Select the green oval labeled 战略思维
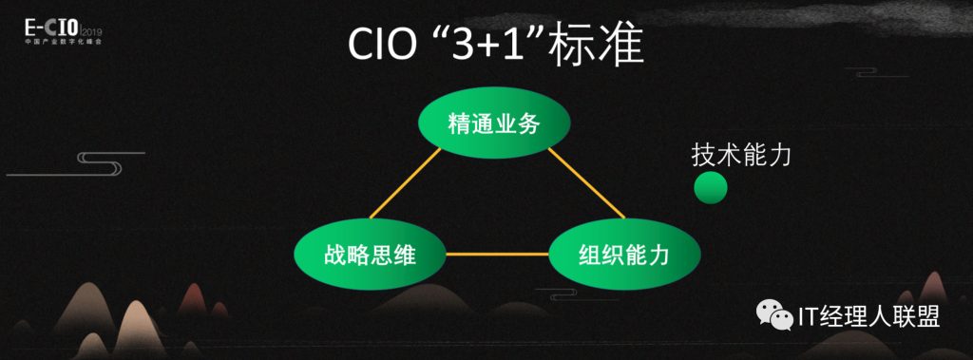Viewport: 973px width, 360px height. click(370, 255)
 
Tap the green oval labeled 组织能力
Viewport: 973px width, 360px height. click(624, 255)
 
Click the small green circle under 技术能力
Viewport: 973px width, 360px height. click(710, 187)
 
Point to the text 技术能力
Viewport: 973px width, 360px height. click(741, 155)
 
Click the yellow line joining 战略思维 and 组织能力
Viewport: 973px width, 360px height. click(498, 254)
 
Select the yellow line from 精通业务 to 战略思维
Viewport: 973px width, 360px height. click(405, 183)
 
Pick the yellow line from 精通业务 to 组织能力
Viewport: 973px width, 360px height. click(585, 183)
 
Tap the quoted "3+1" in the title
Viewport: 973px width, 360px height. click(479, 44)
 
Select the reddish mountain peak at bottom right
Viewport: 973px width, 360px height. click(933, 289)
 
